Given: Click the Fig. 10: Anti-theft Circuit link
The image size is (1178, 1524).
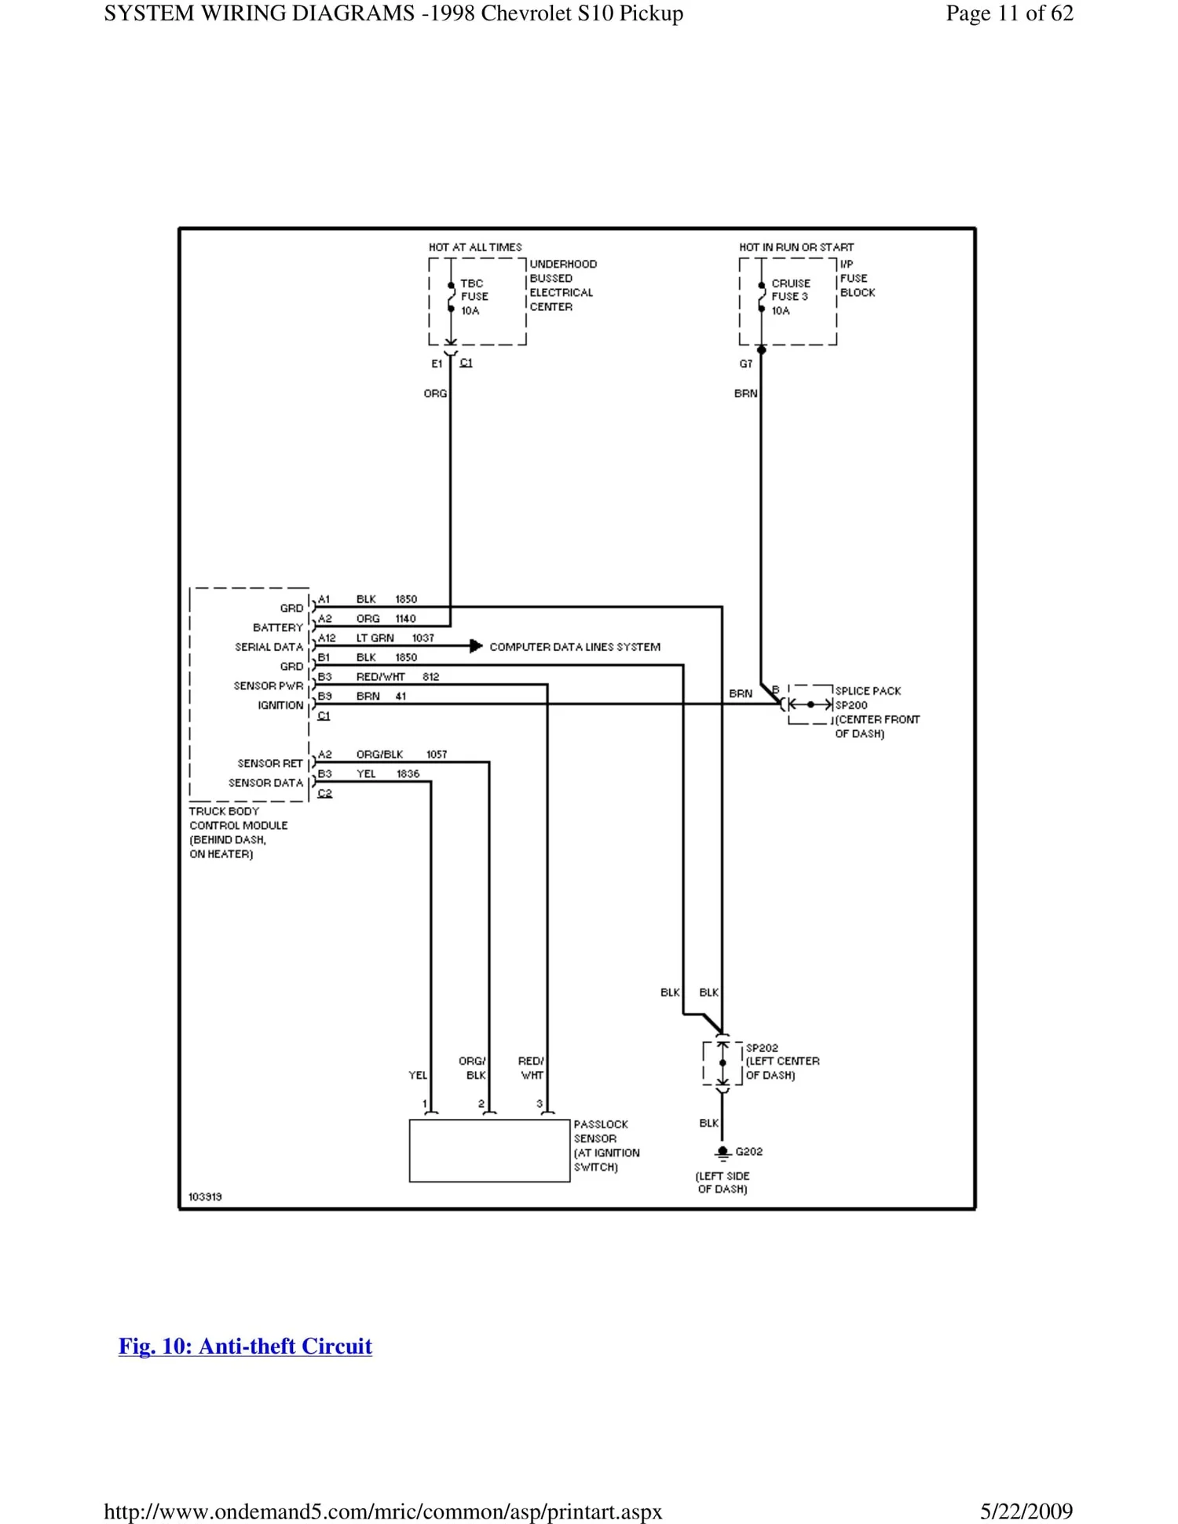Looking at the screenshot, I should click(x=245, y=1346).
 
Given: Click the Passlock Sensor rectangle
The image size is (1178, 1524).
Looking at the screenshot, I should click(x=489, y=1150).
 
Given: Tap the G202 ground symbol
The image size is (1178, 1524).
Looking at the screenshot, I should click(x=723, y=1153).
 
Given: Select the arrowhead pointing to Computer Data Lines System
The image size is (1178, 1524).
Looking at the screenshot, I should click(x=476, y=646).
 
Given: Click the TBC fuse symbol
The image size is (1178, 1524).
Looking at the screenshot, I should click(x=451, y=297).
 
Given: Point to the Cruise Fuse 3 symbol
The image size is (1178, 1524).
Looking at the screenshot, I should click(x=761, y=297).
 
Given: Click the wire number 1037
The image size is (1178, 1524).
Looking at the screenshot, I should click(x=423, y=638).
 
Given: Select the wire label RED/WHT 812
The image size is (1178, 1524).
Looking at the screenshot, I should click(x=397, y=676).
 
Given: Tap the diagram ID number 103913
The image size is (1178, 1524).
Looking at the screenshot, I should click(x=205, y=1197).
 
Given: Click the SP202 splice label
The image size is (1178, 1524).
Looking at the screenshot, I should click(x=762, y=1047).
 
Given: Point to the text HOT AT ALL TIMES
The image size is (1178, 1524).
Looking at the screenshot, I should click(x=475, y=247).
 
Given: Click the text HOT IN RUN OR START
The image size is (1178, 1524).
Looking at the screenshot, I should click(x=796, y=247).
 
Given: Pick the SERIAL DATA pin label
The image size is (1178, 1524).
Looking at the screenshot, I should click(x=269, y=647).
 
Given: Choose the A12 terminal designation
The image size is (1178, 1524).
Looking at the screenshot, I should click(x=327, y=638).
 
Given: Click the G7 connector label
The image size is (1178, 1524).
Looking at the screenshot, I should click(x=745, y=364).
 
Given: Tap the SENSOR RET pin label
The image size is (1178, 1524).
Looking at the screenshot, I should click(x=270, y=763).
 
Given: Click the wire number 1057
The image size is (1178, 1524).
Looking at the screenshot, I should click(x=437, y=754).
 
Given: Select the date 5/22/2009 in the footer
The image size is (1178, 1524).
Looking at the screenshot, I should click(x=1026, y=1511).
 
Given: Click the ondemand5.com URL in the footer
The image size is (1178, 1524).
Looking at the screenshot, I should click(x=383, y=1511).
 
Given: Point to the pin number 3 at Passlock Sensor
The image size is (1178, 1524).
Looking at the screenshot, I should click(x=540, y=1103).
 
